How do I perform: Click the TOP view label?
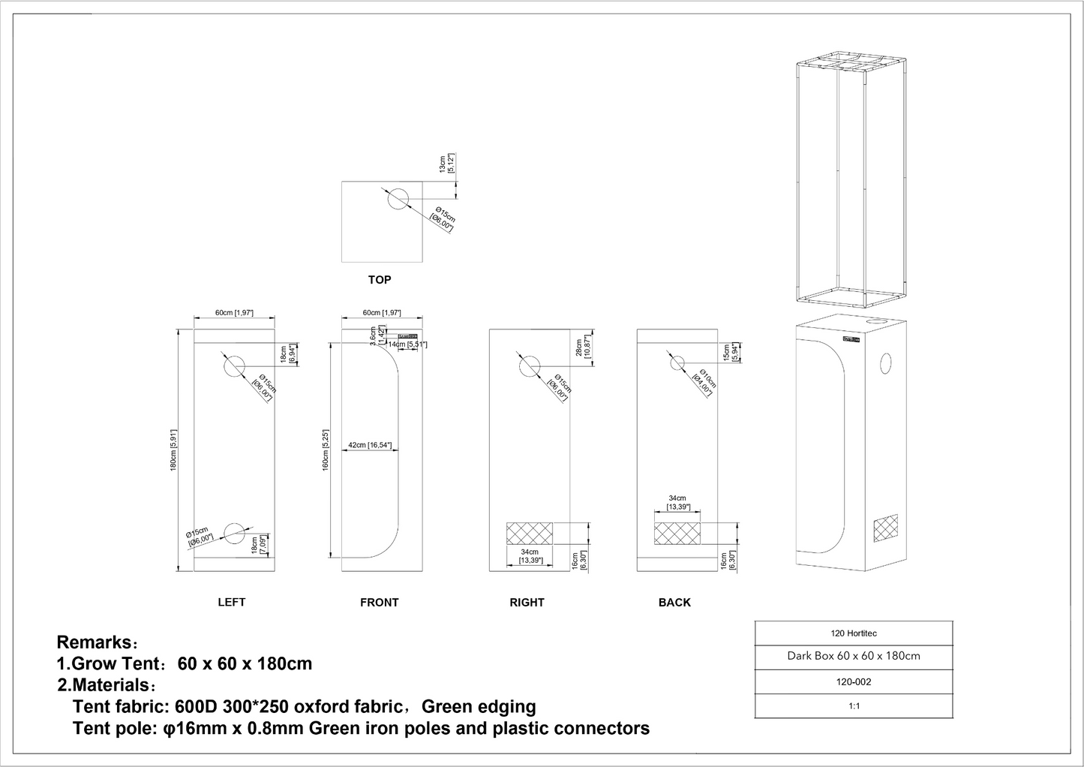coord(379,280)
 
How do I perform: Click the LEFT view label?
coord(231,602)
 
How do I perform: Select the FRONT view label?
coord(379,602)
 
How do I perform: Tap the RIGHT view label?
coord(527,602)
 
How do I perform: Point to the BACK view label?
coord(674,602)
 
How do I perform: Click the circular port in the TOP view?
coord(398,199)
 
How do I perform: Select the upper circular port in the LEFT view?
coord(234,366)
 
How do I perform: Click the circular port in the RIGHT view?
coord(529,366)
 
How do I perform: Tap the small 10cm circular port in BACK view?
coord(677,362)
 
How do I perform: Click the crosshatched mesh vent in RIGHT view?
coord(530,533)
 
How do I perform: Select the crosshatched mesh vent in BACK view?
coord(677,533)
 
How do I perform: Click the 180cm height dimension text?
coord(173,450)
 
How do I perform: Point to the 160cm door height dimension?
coord(325,450)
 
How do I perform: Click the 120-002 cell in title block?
coord(853,682)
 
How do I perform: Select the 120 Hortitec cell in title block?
coord(853,633)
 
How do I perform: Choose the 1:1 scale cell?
coord(853,706)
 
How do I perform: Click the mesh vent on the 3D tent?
coord(885,530)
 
